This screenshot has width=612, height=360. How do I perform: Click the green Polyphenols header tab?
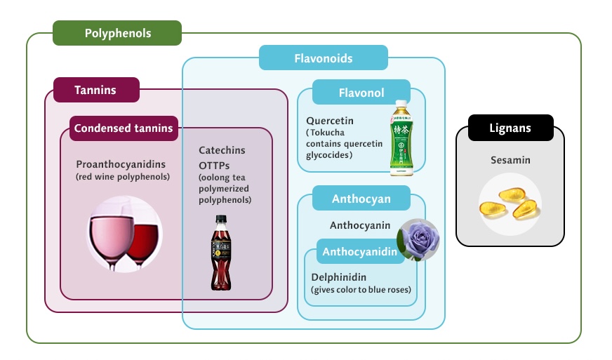(x=117, y=33)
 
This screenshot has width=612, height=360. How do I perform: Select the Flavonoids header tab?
(x=323, y=58)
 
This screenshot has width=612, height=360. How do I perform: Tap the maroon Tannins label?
(x=96, y=90)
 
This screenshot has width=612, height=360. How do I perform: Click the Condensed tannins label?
(x=124, y=128)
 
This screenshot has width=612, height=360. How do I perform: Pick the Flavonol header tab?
(x=361, y=92)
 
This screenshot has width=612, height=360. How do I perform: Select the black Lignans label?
(x=510, y=128)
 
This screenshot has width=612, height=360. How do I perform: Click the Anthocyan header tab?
(x=361, y=199)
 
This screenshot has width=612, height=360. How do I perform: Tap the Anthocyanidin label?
(x=360, y=251)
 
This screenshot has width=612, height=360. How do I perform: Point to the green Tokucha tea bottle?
(x=401, y=137)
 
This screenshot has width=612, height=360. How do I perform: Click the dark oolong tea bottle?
(x=221, y=253)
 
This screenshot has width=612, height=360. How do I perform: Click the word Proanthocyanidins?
(x=121, y=164)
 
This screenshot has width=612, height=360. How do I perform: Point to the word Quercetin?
(x=330, y=121)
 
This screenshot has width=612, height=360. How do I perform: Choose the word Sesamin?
(x=510, y=160)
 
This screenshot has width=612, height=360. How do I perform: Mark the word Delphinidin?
(x=339, y=277)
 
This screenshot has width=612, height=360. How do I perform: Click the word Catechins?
(x=222, y=150)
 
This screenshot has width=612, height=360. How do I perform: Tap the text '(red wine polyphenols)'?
(x=123, y=177)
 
